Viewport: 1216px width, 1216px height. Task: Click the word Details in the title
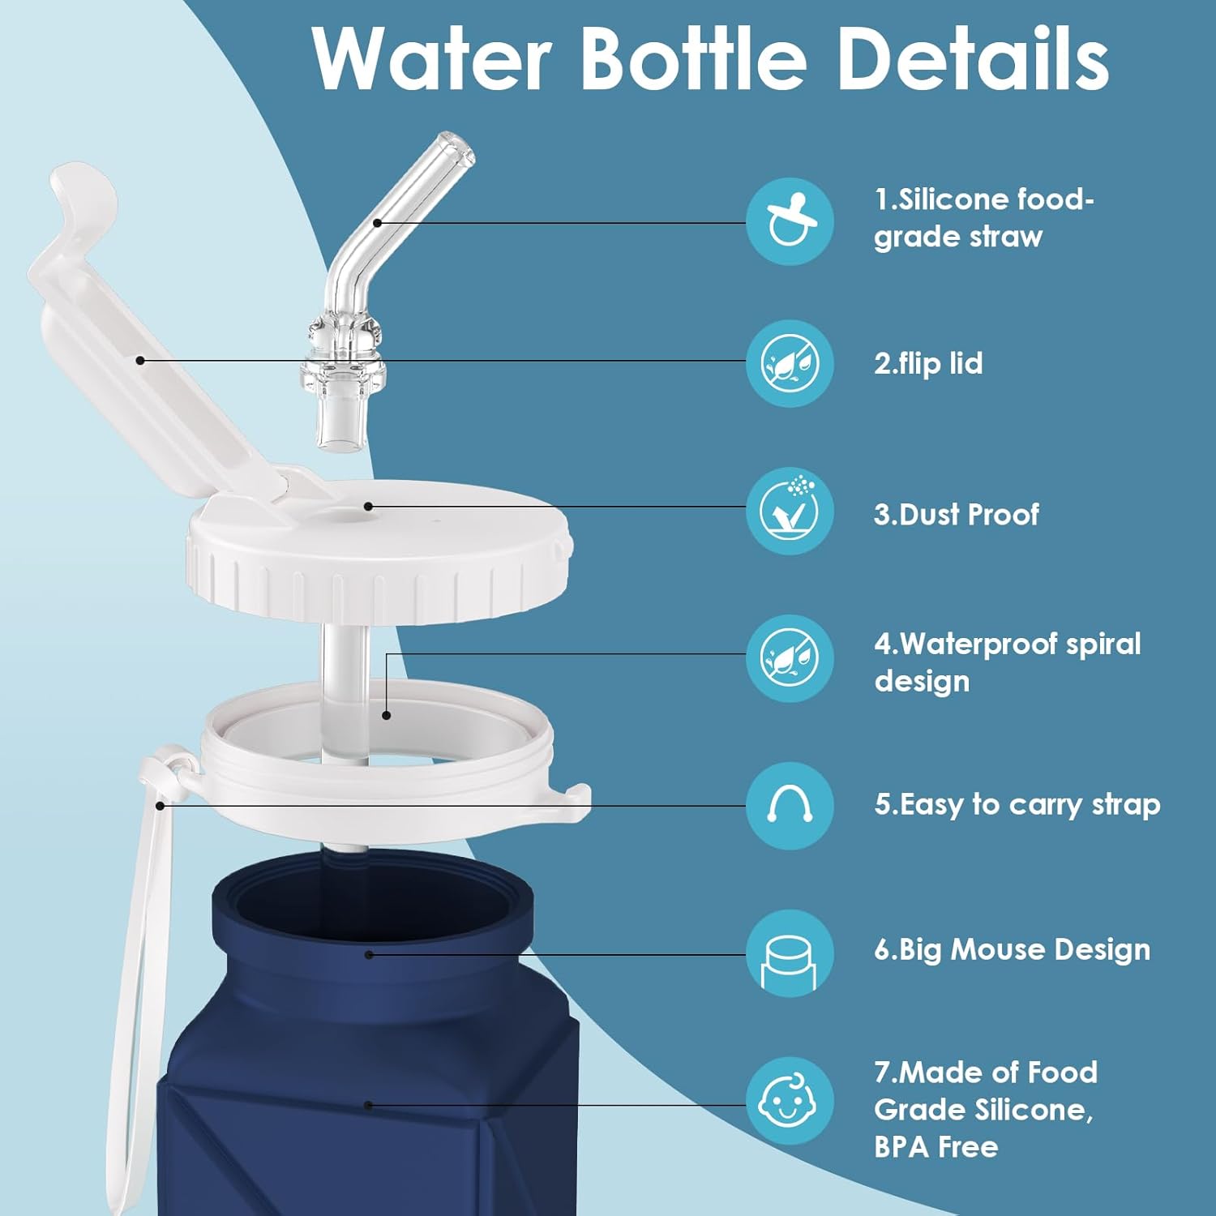pyautogui.click(x=972, y=58)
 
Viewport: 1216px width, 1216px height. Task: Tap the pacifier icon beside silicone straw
pyautogui.click(x=789, y=221)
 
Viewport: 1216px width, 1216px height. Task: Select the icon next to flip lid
pyautogui.click(x=789, y=363)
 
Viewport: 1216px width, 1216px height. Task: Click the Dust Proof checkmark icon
pyautogui.click(x=789, y=511)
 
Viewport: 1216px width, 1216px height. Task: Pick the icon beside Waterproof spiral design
pyautogui.click(x=789, y=657)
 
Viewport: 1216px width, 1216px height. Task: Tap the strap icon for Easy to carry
pyautogui.click(x=789, y=805)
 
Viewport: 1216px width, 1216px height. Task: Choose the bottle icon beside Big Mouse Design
pyautogui.click(x=789, y=953)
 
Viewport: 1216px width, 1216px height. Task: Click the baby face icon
pyautogui.click(x=789, y=1100)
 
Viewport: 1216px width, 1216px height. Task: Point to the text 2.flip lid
pyautogui.click(x=927, y=363)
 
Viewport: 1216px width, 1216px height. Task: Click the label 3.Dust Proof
pyautogui.click(x=956, y=514)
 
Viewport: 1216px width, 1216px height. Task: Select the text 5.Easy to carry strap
pyautogui.click(x=1017, y=804)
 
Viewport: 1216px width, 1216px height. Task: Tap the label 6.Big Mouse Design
pyautogui.click(x=1012, y=949)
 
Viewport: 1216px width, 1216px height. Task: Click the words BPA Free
pyautogui.click(x=936, y=1146)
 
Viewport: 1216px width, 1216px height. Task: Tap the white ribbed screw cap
pyautogui.click(x=377, y=567)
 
